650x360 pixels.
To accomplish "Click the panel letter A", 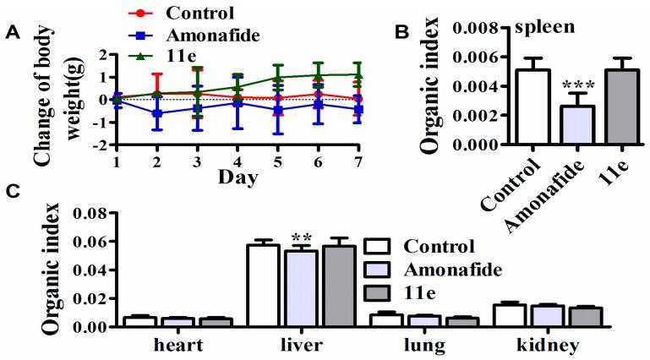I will [x=11, y=33].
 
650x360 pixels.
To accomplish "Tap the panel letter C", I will [x=11, y=190].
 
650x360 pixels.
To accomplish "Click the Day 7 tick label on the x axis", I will [x=359, y=160].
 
